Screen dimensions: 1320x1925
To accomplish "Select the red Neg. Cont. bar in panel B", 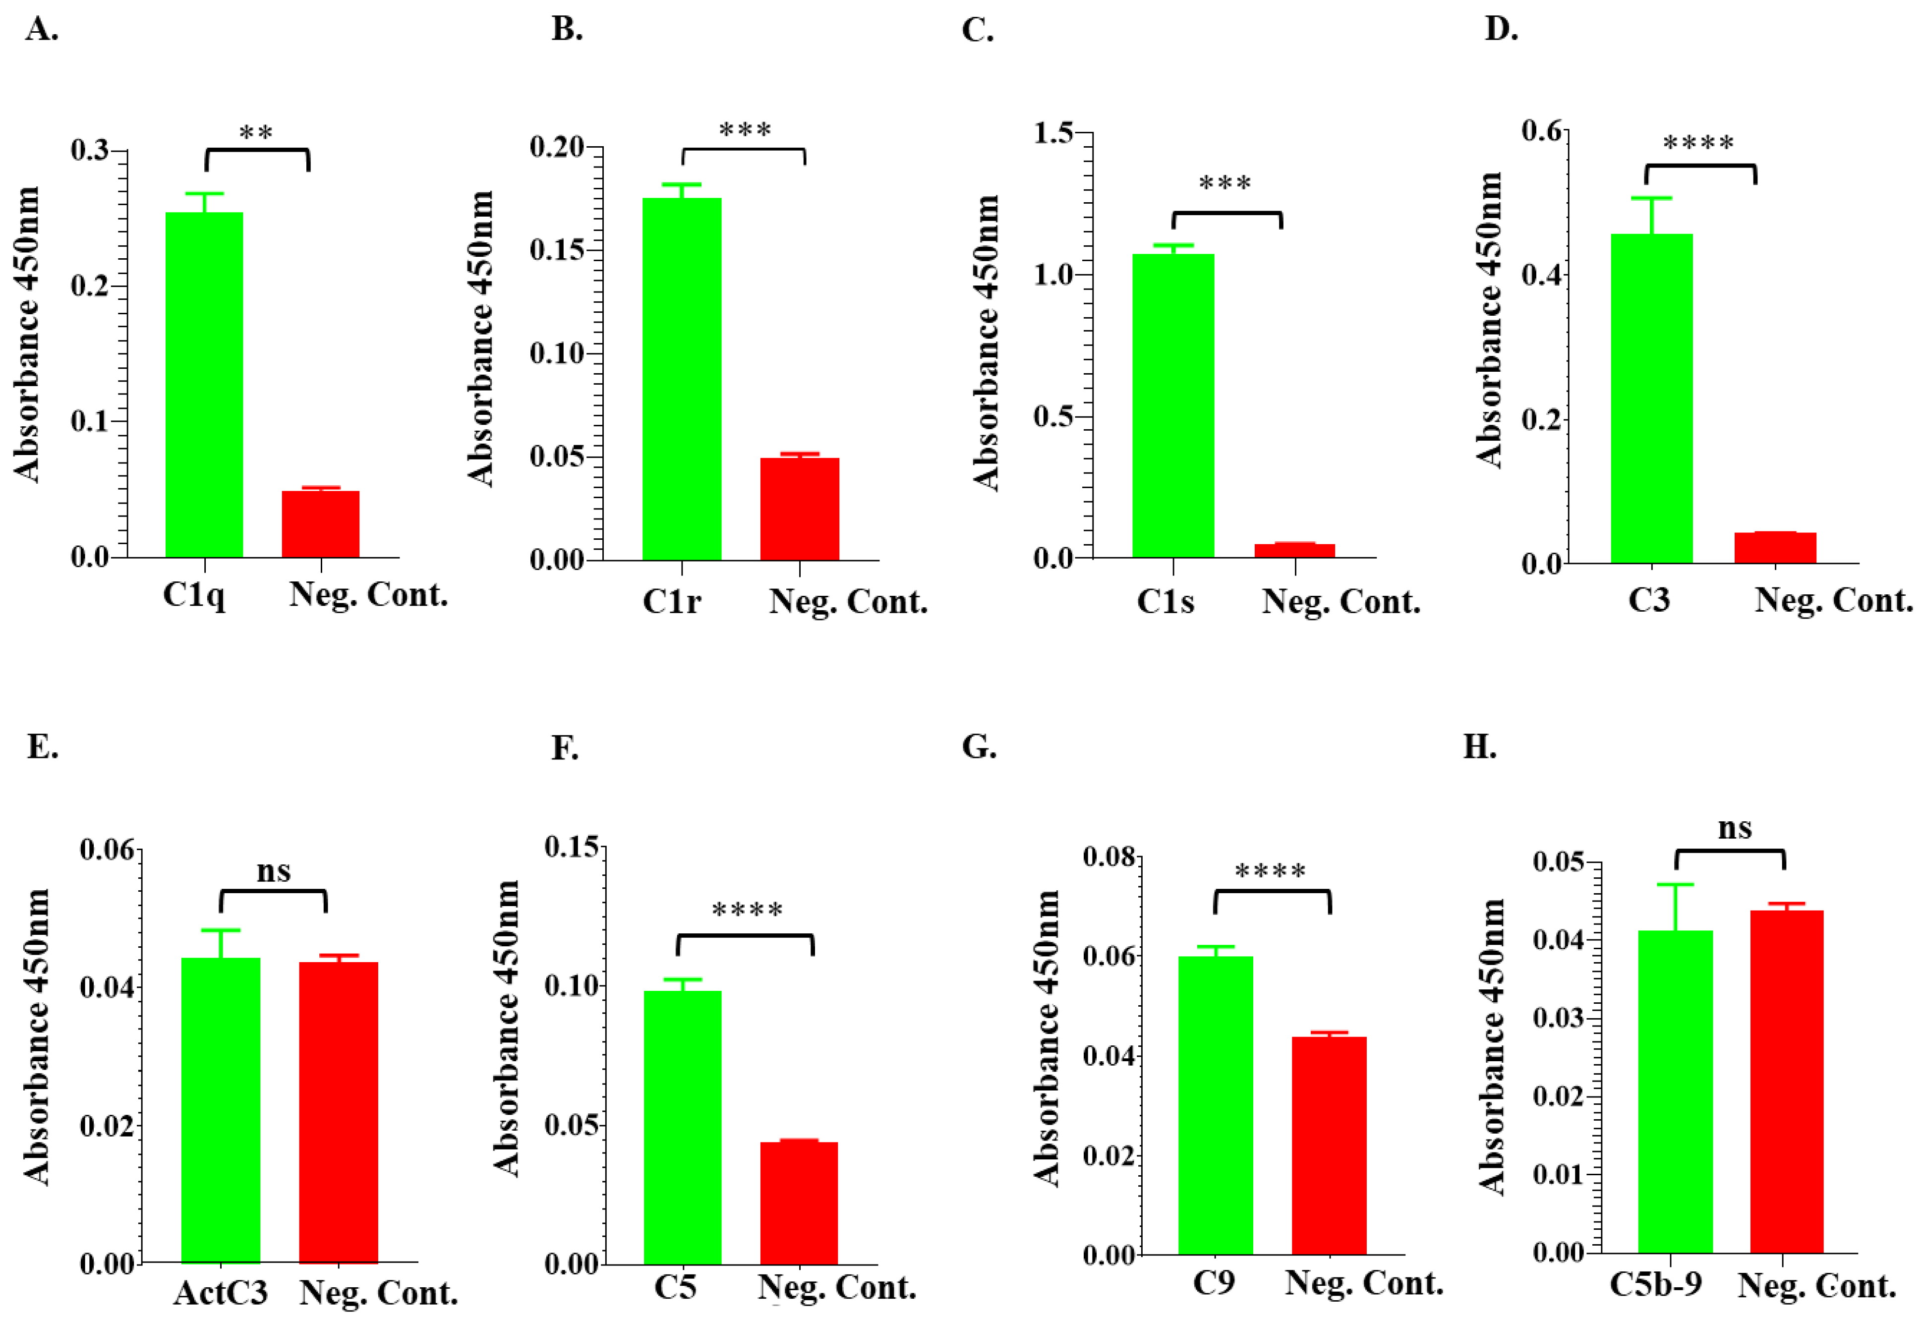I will [x=799, y=509].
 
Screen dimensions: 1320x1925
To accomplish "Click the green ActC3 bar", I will [x=220, y=1110].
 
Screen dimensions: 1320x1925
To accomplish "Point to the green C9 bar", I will [x=1215, y=1105].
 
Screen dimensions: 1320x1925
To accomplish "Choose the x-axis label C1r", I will [x=671, y=601].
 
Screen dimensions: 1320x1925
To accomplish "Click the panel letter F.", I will [x=565, y=748].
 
